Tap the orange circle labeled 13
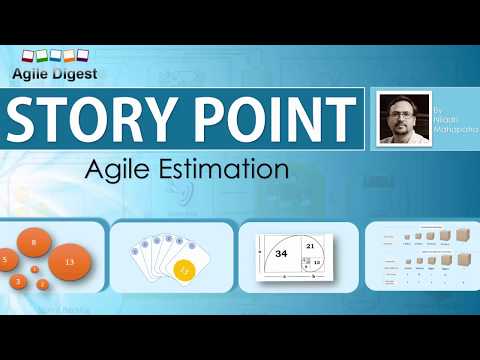[68, 262]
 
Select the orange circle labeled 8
[35, 243]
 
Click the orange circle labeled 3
[19, 283]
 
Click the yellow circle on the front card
[184, 269]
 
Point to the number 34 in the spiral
[281, 254]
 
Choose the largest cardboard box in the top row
[463, 235]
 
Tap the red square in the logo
[28, 55]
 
